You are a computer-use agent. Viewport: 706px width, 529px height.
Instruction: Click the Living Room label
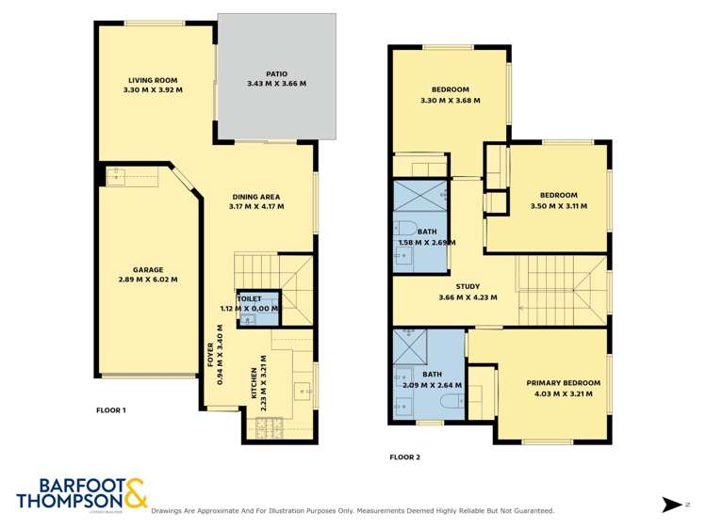(x=153, y=81)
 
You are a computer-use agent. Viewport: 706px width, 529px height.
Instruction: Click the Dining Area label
(x=257, y=197)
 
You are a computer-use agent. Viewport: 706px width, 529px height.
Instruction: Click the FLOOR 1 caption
(x=111, y=410)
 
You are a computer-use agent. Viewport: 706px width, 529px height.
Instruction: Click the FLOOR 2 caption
(x=404, y=457)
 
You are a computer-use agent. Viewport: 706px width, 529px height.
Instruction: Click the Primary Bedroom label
(x=563, y=383)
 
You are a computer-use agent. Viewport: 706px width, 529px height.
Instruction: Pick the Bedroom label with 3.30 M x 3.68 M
(x=451, y=89)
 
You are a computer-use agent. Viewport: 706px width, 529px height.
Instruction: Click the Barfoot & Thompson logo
(x=81, y=494)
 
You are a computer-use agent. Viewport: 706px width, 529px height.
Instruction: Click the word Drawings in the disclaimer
(x=170, y=511)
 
